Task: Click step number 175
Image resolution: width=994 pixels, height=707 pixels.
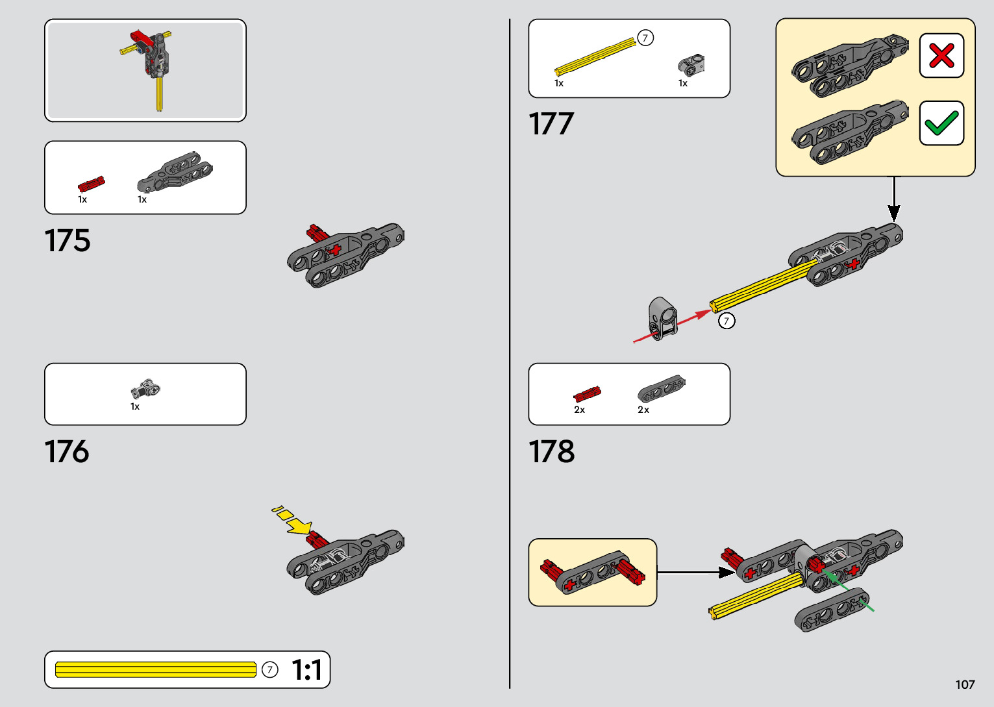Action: [68, 241]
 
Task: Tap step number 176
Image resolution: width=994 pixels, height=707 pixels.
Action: [67, 452]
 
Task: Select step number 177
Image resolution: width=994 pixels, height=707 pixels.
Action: [551, 124]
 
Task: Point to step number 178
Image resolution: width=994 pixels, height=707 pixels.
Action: [552, 452]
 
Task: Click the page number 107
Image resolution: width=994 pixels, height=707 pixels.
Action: [965, 684]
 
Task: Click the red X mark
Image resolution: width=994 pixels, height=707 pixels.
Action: [941, 56]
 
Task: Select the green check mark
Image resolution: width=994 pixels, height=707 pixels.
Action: [941, 123]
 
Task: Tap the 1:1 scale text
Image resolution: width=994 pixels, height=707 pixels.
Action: [306, 670]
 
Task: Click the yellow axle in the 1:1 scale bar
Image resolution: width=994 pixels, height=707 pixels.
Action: [156, 670]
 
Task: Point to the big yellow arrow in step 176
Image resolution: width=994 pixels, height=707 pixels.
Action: [299, 525]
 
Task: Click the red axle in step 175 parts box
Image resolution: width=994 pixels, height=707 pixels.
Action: [91, 184]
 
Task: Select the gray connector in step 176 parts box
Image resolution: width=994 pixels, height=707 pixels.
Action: [145, 390]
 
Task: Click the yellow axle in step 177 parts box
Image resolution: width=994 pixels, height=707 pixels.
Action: [595, 56]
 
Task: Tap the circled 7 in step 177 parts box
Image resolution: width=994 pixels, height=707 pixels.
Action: [645, 38]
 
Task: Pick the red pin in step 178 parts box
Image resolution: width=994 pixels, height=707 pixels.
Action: [587, 393]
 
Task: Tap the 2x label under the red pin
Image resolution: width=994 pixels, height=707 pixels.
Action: [579, 410]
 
